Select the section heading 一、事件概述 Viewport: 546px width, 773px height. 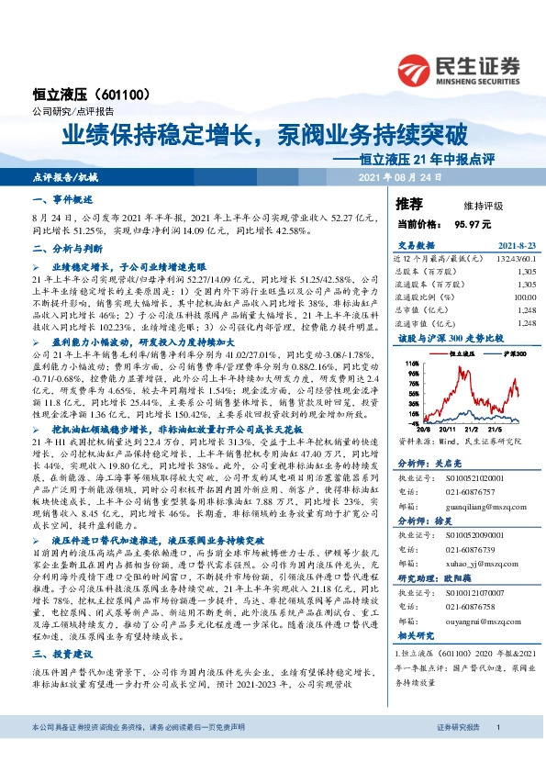63,199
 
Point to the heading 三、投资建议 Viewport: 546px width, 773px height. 63,655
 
